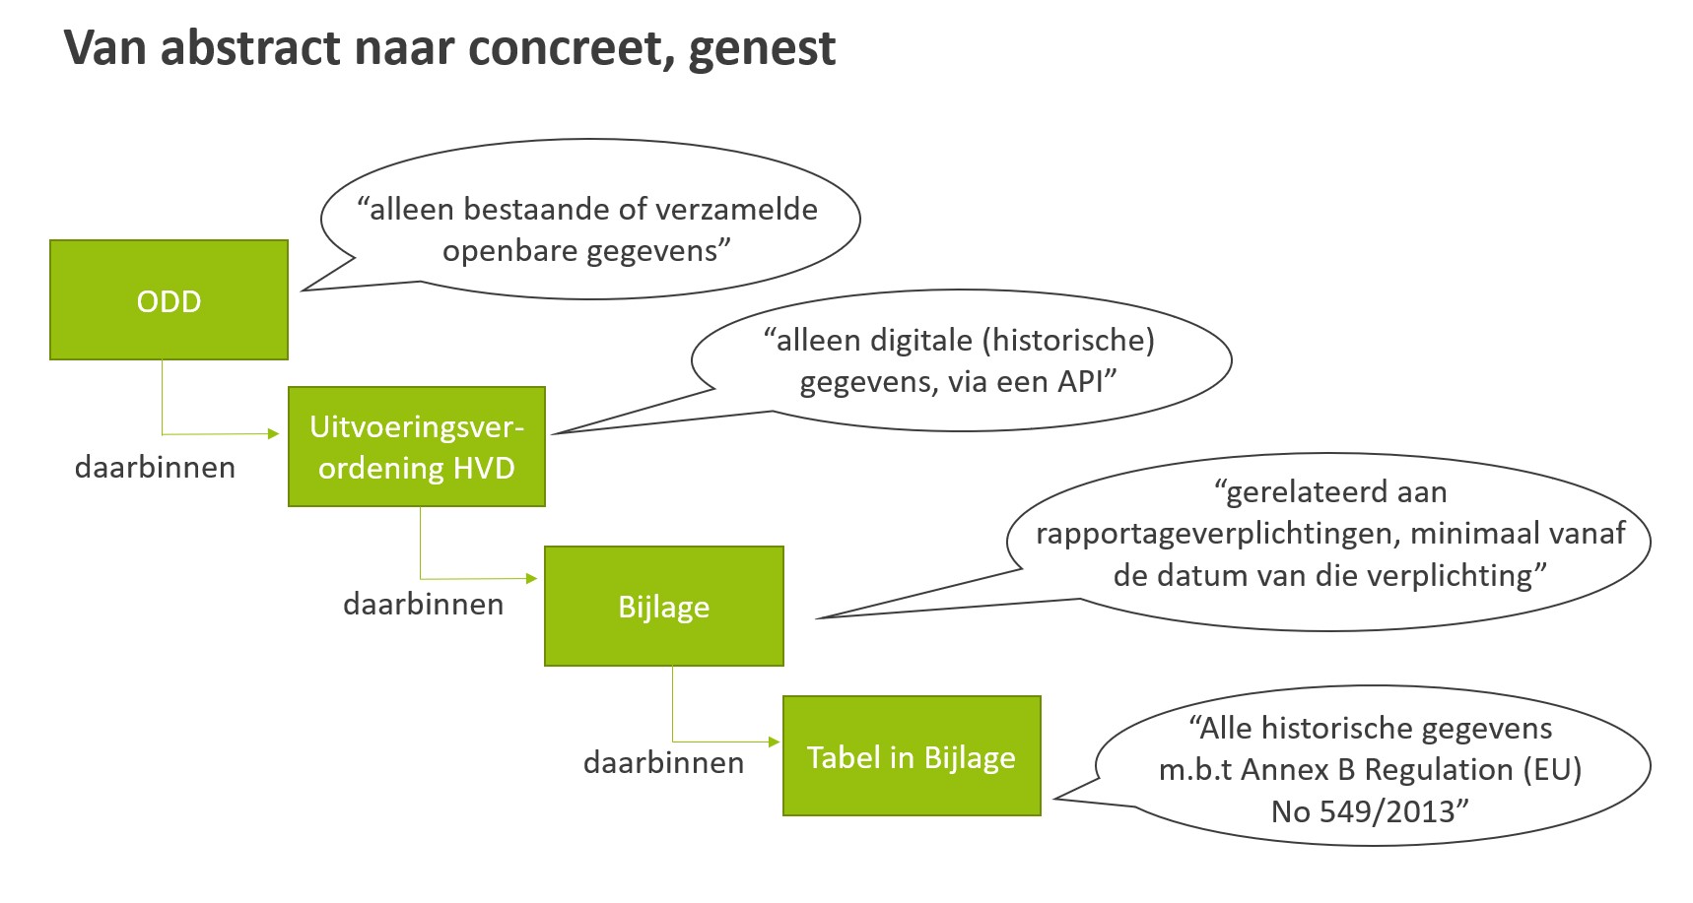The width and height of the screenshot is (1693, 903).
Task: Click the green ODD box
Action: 169,299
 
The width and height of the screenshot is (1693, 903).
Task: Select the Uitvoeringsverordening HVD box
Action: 416,446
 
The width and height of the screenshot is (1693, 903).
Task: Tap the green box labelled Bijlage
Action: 663,606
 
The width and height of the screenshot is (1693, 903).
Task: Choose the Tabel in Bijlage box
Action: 911,755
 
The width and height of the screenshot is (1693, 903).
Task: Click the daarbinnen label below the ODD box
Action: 155,467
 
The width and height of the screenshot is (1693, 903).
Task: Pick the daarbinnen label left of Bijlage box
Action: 423,604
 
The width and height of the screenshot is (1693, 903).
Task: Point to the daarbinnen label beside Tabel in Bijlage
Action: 663,762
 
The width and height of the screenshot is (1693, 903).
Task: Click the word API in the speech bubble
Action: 1080,381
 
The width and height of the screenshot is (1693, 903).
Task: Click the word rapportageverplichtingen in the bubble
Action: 1218,533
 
